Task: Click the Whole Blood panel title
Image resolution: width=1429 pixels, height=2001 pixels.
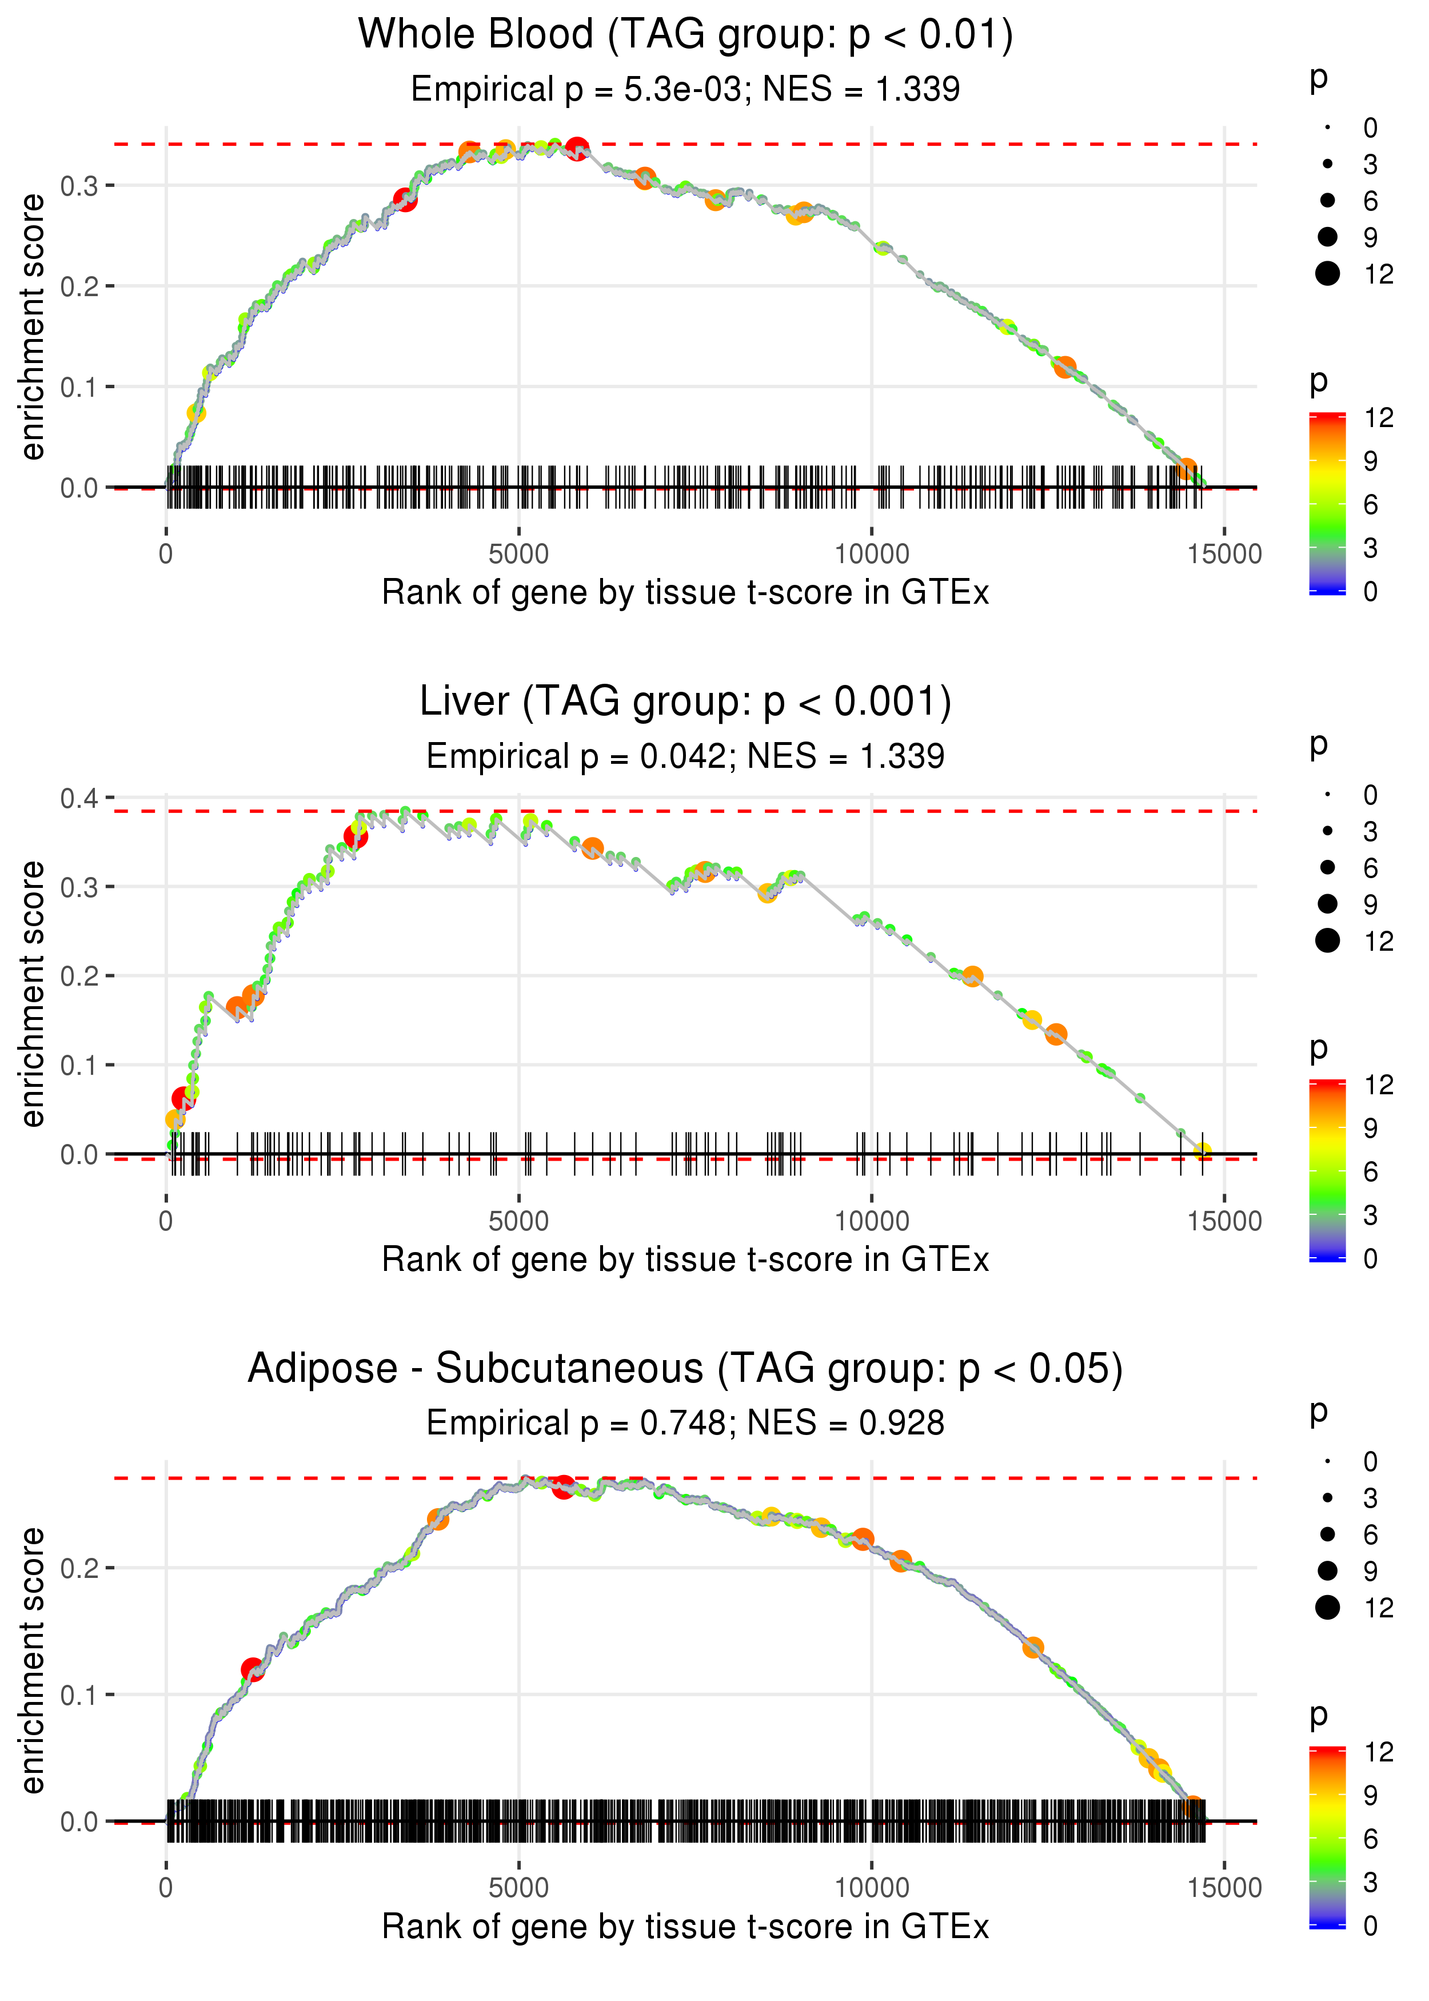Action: coord(685,34)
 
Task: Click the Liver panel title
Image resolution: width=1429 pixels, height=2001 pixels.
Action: coord(685,701)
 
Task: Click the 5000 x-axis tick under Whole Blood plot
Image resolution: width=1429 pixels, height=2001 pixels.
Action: coord(518,555)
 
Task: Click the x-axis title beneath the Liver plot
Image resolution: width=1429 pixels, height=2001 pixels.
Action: coord(685,1260)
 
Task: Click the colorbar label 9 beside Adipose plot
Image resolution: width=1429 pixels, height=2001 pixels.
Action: coord(1370,1795)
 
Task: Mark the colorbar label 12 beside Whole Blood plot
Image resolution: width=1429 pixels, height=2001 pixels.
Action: coord(1379,418)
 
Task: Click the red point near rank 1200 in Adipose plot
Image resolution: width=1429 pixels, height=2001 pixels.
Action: coord(253,1669)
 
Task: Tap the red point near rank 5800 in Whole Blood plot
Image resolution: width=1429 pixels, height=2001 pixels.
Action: coord(577,149)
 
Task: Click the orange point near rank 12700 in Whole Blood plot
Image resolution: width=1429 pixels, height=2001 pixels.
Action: coord(1065,367)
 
